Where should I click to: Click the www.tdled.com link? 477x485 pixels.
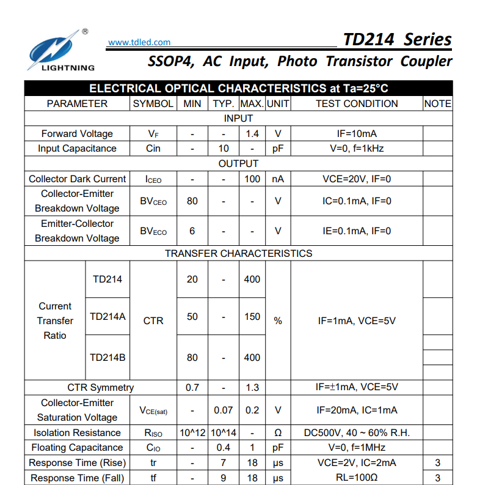[x=139, y=42]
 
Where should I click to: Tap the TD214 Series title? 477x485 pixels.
[x=397, y=40]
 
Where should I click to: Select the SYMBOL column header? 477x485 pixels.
[x=153, y=104]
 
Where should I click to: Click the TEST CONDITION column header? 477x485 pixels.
[x=357, y=104]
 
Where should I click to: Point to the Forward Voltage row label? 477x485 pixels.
[x=77, y=133]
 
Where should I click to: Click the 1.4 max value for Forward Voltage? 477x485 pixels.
[x=252, y=133]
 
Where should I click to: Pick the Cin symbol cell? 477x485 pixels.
[x=153, y=149]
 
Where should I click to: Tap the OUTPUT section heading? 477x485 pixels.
[x=238, y=163]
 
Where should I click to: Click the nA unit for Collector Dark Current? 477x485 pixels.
[x=278, y=179]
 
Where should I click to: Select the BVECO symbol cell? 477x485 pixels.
[x=153, y=231]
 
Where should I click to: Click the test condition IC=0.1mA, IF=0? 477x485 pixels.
[x=357, y=201]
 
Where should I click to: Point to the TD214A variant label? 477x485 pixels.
[x=107, y=317]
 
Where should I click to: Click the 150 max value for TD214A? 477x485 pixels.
[x=252, y=317]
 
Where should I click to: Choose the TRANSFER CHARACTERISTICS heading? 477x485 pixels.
[x=238, y=253]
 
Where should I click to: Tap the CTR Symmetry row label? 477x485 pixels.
[x=101, y=387]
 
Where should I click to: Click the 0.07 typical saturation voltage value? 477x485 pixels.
[x=224, y=410]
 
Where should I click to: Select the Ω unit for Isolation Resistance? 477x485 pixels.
[x=278, y=433]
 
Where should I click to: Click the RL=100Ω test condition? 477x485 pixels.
[x=357, y=478]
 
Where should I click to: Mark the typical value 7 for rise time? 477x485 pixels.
[x=224, y=463]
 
